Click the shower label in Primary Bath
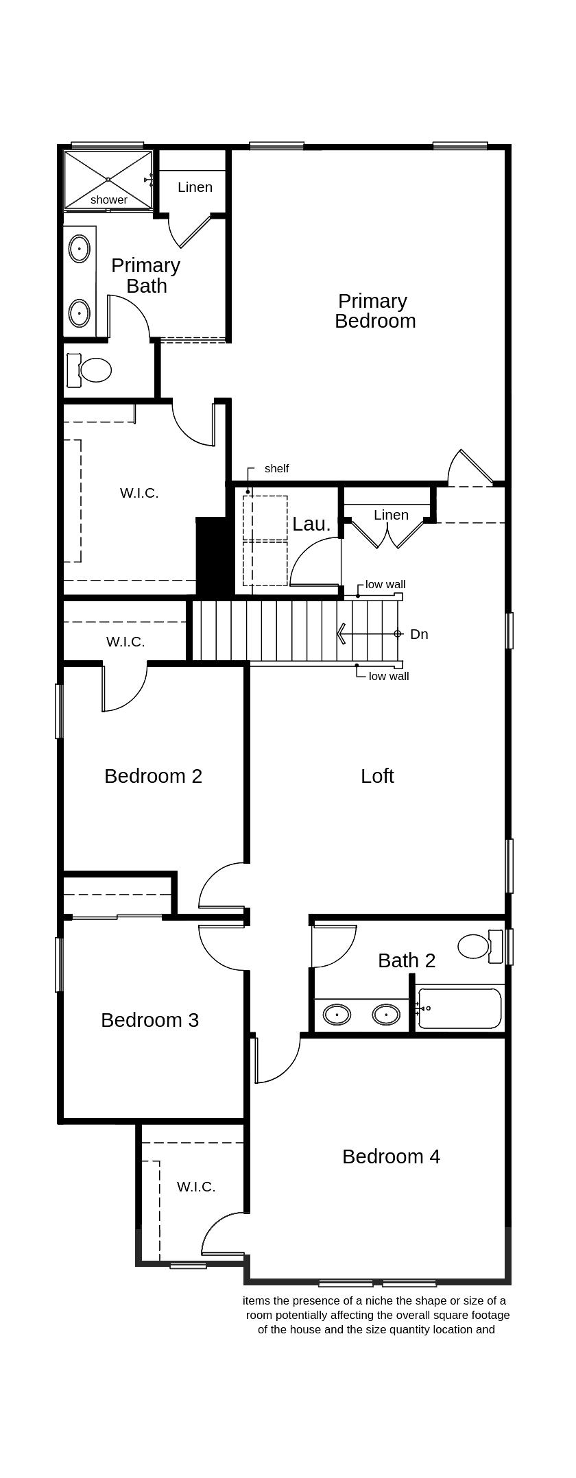point(109,199)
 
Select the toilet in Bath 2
point(474,946)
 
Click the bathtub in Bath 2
point(459,1008)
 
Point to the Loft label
point(377,776)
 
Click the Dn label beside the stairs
point(419,634)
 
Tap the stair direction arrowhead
point(341,633)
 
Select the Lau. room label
point(311,524)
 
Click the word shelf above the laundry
point(276,468)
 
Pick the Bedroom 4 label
point(391,1156)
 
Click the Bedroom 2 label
point(153,776)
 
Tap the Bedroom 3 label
point(149,1020)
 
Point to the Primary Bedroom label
point(374,311)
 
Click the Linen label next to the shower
point(195,187)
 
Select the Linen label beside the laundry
point(391,515)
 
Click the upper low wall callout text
point(385,585)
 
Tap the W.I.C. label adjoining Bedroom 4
point(196,1187)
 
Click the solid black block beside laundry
point(212,555)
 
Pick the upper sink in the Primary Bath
point(80,248)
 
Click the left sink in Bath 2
point(337,1014)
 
